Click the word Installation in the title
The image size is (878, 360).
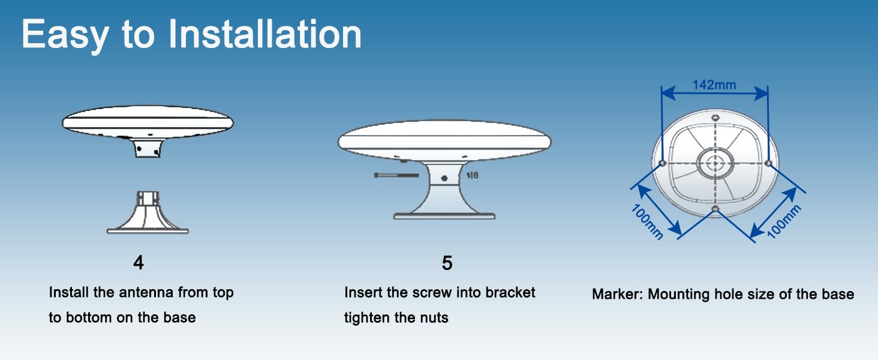[265, 35]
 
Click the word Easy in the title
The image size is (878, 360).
[65, 36]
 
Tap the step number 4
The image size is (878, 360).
[139, 263]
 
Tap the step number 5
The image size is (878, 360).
[447, 263]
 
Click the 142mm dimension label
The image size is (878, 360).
[714, 85]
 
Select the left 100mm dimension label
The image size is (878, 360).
[647, 222]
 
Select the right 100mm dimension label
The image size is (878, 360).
[783, 221]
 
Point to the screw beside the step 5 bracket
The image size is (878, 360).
[396, 175]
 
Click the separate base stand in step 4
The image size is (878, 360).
[148, 212]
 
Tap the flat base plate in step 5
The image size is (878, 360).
[444, 216]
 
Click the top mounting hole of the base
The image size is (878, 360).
[715, 118]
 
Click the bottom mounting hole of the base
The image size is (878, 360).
[715, 209]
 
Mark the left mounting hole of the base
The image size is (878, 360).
[663, 163]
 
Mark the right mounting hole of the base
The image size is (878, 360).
[768, 163]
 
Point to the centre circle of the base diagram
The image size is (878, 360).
[715, 163]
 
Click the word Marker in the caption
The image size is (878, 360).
[615, 294]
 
